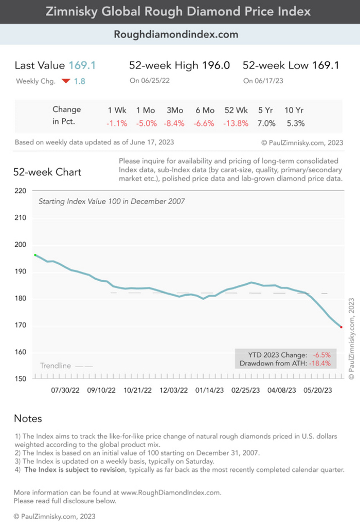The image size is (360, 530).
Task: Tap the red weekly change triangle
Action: [65, 81]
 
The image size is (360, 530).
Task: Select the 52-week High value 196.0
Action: [215, 65]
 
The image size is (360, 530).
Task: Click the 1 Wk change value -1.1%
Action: [117, 123]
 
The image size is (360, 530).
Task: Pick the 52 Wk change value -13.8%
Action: [236, 123]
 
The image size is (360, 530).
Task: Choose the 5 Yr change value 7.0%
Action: [267, 123]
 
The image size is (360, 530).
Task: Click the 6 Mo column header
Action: [205, 109]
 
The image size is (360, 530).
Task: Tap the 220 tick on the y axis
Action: [21, 191]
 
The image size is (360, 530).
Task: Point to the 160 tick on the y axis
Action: [21, 353]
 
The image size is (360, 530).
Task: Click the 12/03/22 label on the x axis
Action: [173, 390]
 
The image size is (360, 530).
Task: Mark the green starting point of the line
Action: [35, 255]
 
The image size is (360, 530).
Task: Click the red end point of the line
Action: [341, 327]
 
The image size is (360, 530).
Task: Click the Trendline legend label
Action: [55, 366]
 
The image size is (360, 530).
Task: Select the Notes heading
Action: [28, 418]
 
